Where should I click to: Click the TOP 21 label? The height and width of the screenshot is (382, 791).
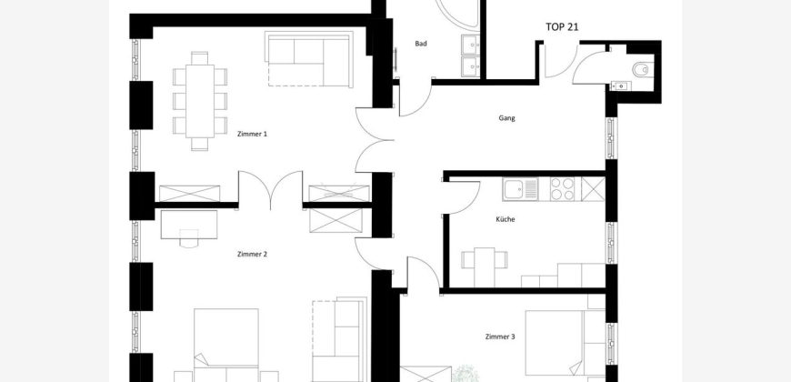(x=562, y=27)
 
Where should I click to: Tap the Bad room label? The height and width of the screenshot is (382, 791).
(x=421, y=44)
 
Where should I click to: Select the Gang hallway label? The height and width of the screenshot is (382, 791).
(x=506, y=118)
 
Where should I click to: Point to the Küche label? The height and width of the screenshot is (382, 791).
(x=506, y=219)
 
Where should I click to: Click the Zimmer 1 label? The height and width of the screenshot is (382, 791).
(x=252, y=135)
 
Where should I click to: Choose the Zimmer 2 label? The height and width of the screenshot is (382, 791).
(x=252, y=255)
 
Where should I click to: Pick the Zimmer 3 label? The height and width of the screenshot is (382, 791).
(x=500, y=337)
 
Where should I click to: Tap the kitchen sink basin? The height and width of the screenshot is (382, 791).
(x=514, y=189)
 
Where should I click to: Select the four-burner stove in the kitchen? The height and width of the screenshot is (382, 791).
(x=563, y=189)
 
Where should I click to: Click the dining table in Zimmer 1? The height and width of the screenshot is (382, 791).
(x=200, y=101)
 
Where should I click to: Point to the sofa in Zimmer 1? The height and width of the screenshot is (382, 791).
(x=310, y=58)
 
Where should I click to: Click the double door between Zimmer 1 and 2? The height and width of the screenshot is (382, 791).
(x=270, y=190)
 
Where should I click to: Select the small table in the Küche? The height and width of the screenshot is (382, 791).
(x=485, y=267)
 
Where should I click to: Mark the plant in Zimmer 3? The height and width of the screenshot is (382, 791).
(x=466, y=374)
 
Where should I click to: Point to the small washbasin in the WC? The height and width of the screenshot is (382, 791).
(x=620, y=86)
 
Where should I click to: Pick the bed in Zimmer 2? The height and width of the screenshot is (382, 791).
(x=226, y=345)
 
